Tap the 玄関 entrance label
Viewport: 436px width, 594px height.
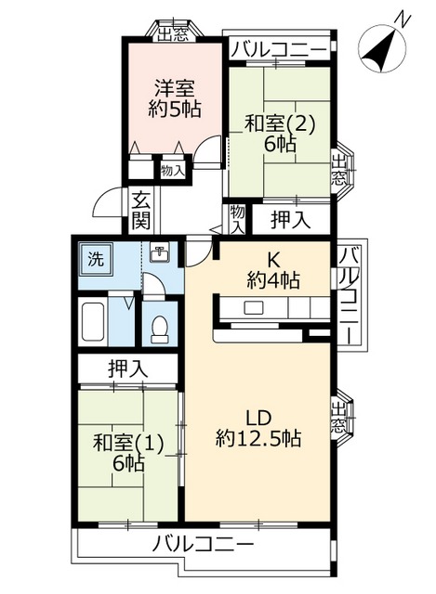(x=140, y=210)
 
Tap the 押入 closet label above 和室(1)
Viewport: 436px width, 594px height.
(x=127, y=368)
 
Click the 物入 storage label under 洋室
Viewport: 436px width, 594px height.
(x=172, y=170)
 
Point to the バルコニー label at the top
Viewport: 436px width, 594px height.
(x=278, y=47)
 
